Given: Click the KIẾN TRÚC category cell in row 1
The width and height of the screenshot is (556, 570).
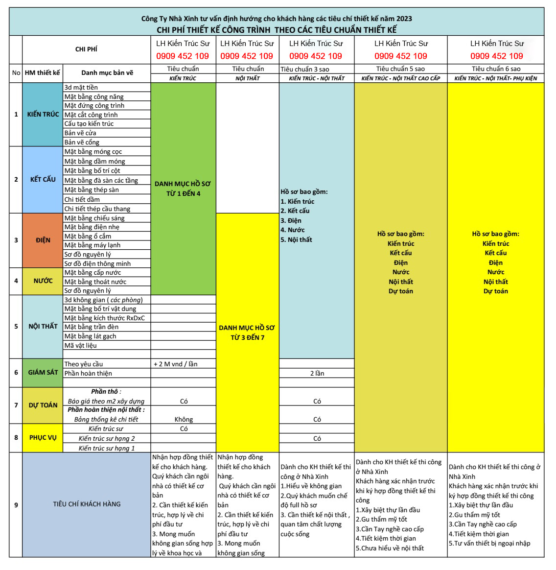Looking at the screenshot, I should click(43, 115).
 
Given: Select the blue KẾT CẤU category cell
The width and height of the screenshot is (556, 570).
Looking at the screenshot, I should click(43, 180).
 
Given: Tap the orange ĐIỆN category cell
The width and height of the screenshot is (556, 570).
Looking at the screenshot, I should click(43, 240).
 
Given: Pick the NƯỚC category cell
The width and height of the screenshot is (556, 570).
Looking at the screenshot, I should click(43, 281).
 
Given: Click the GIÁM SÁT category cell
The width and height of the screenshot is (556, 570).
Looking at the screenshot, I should click(43, 373).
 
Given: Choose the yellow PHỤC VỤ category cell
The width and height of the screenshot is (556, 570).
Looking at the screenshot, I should click(43, 438).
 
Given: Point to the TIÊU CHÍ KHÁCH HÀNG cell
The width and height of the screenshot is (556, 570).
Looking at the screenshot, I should click(87, 504).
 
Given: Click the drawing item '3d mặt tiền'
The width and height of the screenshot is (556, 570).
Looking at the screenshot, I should click(81, 88).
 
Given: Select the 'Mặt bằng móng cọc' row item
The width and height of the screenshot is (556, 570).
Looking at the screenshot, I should click(93, 152).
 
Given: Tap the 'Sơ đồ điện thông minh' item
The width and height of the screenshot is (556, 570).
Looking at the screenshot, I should click(97, 264).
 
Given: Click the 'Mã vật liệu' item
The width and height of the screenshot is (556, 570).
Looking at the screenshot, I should click(81, 346).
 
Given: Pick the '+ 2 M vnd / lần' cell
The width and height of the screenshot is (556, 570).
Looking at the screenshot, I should click(175, 364).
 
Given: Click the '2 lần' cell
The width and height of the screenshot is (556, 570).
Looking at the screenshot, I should click(317, 374).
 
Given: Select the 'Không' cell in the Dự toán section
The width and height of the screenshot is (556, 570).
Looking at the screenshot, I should click(184, 420).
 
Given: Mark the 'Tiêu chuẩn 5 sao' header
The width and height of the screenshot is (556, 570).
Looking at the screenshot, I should click(400, 69).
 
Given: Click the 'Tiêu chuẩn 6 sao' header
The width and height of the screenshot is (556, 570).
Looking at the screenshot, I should click(496, 69).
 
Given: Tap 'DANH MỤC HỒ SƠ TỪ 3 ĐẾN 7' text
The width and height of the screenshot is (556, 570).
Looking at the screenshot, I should click(247, 332).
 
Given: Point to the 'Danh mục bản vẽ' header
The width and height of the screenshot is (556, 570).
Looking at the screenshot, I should click(107, 73).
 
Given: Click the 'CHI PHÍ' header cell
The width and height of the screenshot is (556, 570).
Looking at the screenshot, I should click(86, 49).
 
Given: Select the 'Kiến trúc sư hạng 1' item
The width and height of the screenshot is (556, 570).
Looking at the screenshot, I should click(107, 448).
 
